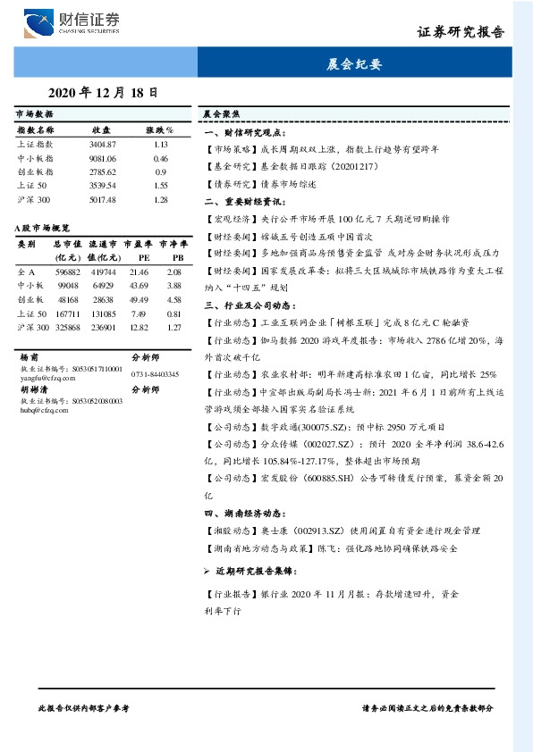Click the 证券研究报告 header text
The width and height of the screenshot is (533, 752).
tap(461, 32)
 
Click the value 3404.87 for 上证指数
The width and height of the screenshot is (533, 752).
tap(103, 144)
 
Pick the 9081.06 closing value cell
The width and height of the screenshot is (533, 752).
tap(103, 158)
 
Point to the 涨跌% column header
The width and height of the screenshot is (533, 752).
tap(159, 130)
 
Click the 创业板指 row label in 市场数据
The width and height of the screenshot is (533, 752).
tap(36, 171)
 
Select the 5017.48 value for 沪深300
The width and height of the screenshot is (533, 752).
tap(103, 199)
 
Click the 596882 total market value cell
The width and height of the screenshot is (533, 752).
tap(68, 272)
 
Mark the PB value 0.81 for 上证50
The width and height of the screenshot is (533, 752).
tap(173, 313)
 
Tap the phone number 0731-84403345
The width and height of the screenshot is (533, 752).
tap(155, 374)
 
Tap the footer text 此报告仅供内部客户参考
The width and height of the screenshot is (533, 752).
tap(84, 706)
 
